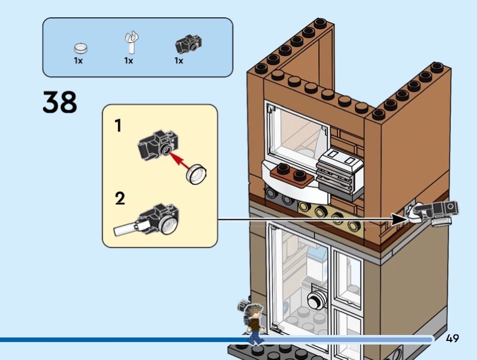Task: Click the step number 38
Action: pos(60,102)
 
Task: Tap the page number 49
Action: pos(452,339)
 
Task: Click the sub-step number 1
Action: pos(118,126)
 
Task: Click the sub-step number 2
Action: pos(120,198)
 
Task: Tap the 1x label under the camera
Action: pos(179,61)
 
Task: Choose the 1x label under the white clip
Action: pos(128,61)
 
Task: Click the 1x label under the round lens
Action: pos(78,61)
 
